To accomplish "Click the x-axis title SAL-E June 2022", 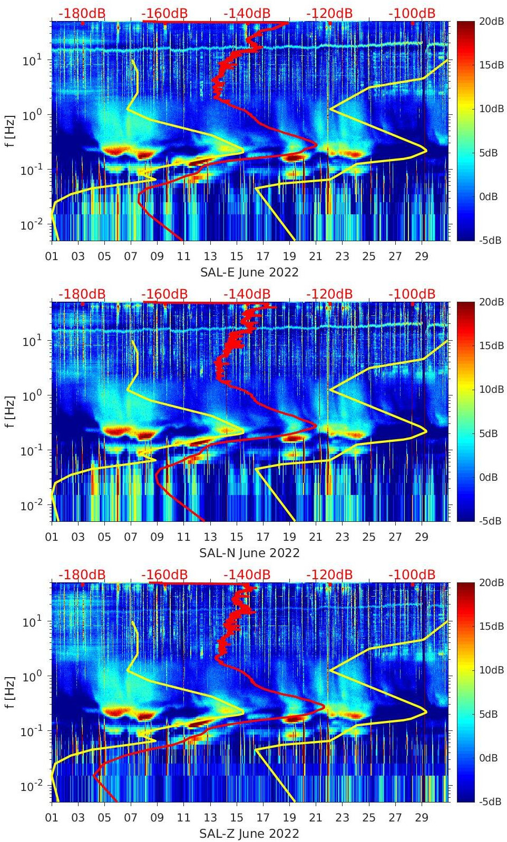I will (249, 272).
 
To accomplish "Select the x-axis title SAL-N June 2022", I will (249, 553).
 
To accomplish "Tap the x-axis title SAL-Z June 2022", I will (249, 834).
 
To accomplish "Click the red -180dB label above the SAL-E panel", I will (82, 13).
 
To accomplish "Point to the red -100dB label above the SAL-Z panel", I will (412, 574).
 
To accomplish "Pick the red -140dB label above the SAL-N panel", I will (247, 294).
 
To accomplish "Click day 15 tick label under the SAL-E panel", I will (237, 256).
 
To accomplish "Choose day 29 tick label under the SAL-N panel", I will (422, 537).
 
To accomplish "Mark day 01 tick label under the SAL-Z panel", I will (52, 818).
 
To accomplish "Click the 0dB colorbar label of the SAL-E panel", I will (489, 196).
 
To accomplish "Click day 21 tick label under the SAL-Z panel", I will (316, 818).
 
